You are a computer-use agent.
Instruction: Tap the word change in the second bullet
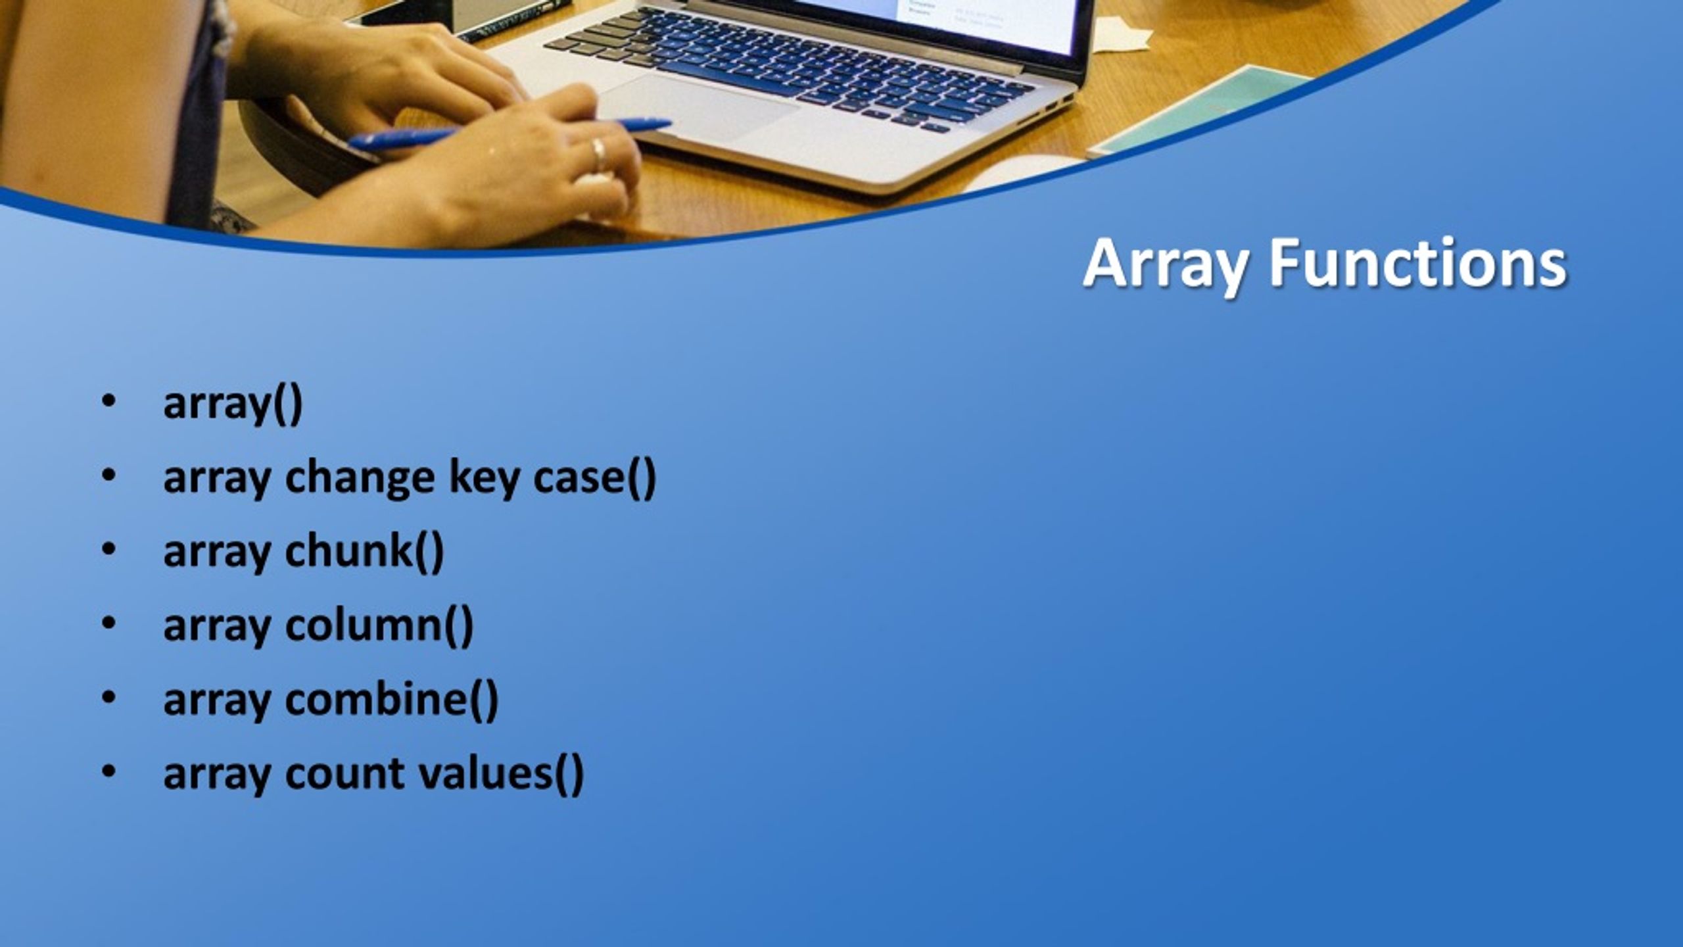pos(360,478)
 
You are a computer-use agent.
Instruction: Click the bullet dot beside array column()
pos(108,624)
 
